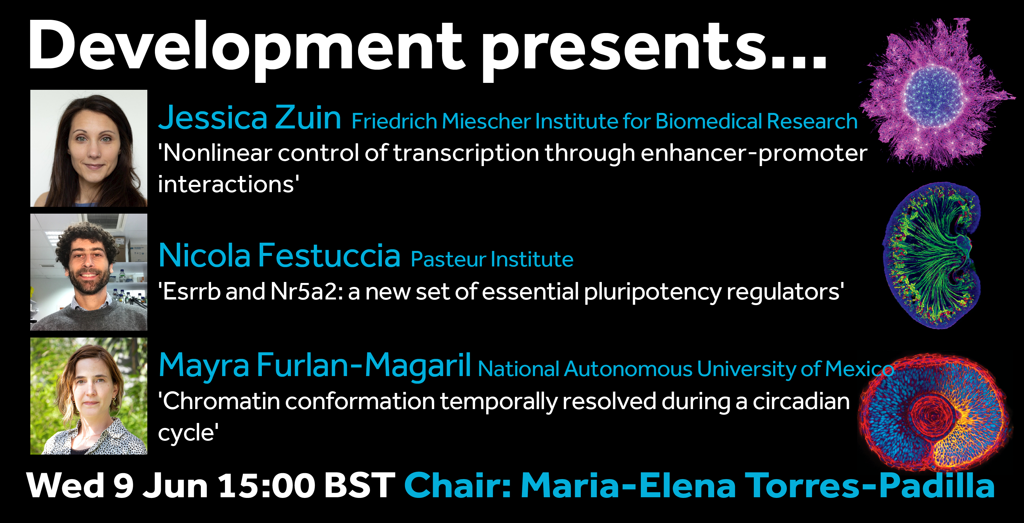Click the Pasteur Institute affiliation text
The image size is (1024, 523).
pos(492,259)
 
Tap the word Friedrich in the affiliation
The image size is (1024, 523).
pos(394,121)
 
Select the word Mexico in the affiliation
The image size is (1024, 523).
pos(859,369)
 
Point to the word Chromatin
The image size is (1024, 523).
pos(219,401)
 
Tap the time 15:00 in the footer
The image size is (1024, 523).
pos(267,485)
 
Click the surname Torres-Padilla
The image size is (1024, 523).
pos(870,485)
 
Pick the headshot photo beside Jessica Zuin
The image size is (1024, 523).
pos(89,148)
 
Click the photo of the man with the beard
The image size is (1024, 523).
pos(89,272)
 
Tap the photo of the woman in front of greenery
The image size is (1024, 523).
pos(89,396)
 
